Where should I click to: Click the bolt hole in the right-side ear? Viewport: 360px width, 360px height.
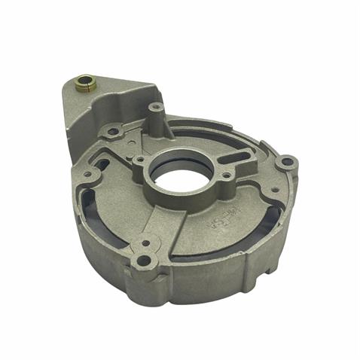pos(286,163)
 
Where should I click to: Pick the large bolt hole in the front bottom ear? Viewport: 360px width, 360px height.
pos(144,263)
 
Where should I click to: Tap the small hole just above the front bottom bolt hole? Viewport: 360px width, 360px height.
pos(145,245)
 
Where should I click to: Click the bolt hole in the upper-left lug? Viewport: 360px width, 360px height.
pos(113,132)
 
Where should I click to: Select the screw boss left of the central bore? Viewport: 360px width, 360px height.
pos(140,160)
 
